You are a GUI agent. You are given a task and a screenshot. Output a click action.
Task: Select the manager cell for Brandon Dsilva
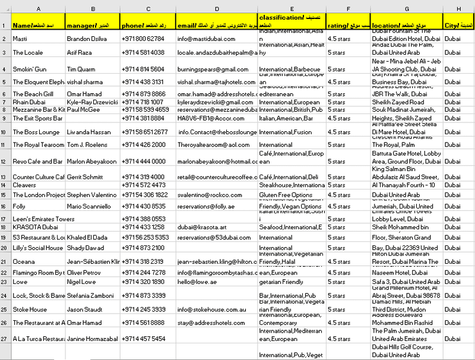pos(85,39)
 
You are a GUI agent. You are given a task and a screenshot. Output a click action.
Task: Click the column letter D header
pos(217,9)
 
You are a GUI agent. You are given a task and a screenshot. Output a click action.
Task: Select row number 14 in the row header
pos(4,185)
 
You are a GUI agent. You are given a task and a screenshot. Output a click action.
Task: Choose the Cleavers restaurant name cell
pos(25,185)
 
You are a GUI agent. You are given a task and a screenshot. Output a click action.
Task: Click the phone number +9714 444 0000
pos(143,161)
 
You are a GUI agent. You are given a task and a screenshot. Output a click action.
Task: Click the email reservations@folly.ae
pos(205,206)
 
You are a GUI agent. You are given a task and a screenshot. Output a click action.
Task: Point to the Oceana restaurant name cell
pos(24,261)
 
